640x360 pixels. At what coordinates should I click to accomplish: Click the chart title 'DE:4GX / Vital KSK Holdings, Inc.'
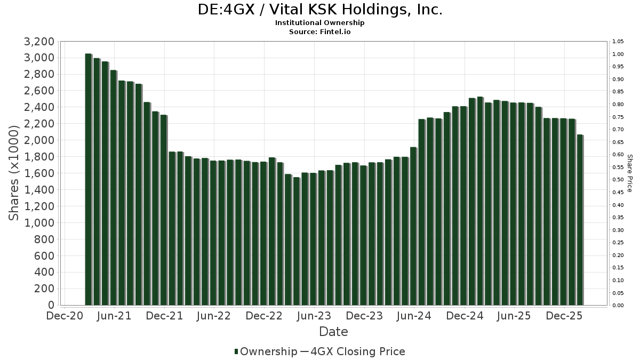pos(320,10)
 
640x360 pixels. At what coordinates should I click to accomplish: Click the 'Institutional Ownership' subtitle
pos(320,23)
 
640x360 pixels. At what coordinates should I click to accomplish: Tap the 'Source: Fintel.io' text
pos(320,31)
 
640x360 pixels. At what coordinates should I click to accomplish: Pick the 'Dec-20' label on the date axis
pos(65,316)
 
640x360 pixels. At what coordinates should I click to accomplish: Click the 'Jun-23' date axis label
pos(314,316)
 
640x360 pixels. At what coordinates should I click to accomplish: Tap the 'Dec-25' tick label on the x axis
pos(564,316)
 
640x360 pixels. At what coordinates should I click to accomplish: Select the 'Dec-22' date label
pos(265,316)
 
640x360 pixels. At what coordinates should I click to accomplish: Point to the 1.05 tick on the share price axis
pos(618,42)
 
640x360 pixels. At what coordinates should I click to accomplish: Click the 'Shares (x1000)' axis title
pos(15,173)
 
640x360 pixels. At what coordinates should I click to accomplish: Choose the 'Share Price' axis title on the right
pos(629,173)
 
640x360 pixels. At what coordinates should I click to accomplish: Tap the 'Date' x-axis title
pos(333,332)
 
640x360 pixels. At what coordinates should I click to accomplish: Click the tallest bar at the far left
pos(89,179)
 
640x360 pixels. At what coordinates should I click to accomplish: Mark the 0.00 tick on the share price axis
pos(618,306)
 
